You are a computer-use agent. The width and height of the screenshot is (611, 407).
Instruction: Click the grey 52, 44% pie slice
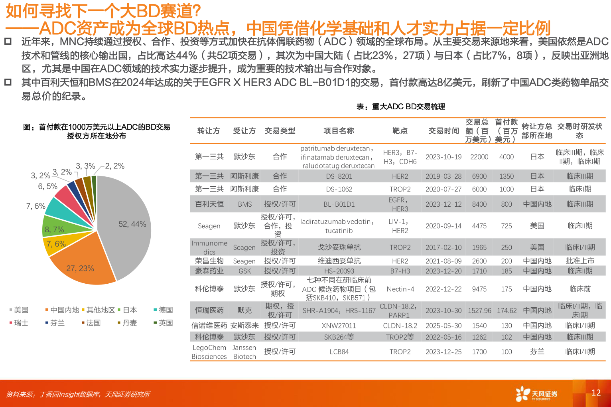tap(128, 227)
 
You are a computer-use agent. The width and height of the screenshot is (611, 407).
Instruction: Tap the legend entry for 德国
tap(163, 310)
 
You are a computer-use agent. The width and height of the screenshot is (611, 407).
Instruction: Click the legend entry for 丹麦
tap(127, 323)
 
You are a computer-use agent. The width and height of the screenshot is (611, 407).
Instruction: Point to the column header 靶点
tap(400, 131)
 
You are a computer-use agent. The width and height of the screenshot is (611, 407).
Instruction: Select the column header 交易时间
tap(443, 131)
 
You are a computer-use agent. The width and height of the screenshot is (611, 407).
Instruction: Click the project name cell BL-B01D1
tap(339, 204)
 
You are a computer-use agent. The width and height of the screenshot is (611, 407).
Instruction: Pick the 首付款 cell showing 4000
tap(507, 157)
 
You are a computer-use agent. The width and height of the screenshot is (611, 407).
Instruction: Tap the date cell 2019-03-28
tap(443, 176)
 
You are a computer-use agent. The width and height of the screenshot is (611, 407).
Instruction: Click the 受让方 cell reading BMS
tap(244, 204)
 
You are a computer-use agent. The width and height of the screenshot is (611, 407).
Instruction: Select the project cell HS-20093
tap(339, 271)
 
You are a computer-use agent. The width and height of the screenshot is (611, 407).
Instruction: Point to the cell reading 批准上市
tap(580, 261)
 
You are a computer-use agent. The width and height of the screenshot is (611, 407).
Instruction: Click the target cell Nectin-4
tap(400, 289)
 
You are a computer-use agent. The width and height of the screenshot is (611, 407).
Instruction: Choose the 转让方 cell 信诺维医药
tap(209, 326)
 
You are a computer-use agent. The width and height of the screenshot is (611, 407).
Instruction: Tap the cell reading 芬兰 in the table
tap(537, 352)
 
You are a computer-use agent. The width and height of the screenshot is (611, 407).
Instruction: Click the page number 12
tap(596, 393)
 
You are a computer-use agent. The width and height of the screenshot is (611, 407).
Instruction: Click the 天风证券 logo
tap(536, 394)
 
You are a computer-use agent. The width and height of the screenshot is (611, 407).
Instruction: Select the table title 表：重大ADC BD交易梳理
tap(400, 107)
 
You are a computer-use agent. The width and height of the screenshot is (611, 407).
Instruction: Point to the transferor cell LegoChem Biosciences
tap(209, 352)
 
